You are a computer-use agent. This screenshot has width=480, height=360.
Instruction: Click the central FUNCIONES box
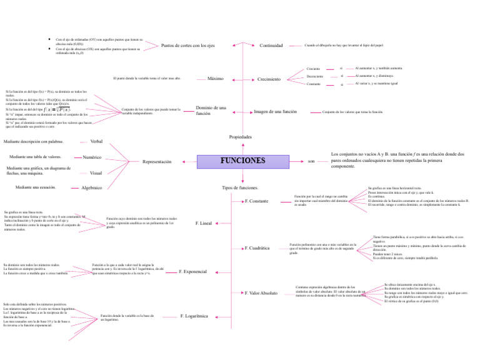pos(242,161)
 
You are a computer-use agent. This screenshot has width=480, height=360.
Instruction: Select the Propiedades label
pos(241,136)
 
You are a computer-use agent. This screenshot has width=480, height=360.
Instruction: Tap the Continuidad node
pos(272,46)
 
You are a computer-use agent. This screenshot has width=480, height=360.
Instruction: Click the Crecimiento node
pos(269,79)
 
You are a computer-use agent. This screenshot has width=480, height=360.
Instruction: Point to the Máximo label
pos(215,78)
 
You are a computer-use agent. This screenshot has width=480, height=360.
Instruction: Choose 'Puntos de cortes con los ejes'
pos(188,46)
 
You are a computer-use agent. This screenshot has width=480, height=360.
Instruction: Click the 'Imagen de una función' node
pos(275,112)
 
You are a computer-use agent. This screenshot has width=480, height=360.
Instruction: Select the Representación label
pos(157,161)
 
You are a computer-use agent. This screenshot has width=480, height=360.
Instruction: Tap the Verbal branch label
pos(97,142)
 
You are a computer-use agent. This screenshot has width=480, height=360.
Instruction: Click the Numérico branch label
pos(92,157)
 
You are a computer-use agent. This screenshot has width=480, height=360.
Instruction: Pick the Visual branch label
pos(96,172)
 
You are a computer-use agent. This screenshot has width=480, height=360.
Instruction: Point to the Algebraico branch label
pos(91,187)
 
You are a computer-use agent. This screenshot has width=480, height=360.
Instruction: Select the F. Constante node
pos(257,201)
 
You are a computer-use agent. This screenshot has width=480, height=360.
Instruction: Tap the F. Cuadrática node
pos(257,248)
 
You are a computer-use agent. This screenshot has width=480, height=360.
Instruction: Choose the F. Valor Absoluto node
pos(261,292)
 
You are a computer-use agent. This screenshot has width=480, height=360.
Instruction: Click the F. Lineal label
pos(204,223)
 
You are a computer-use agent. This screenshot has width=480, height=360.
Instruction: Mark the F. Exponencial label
pos(193,272)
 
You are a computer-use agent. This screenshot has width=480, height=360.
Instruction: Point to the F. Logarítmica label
pos(194,316)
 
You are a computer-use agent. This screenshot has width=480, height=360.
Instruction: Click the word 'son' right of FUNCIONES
pos(311,161)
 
